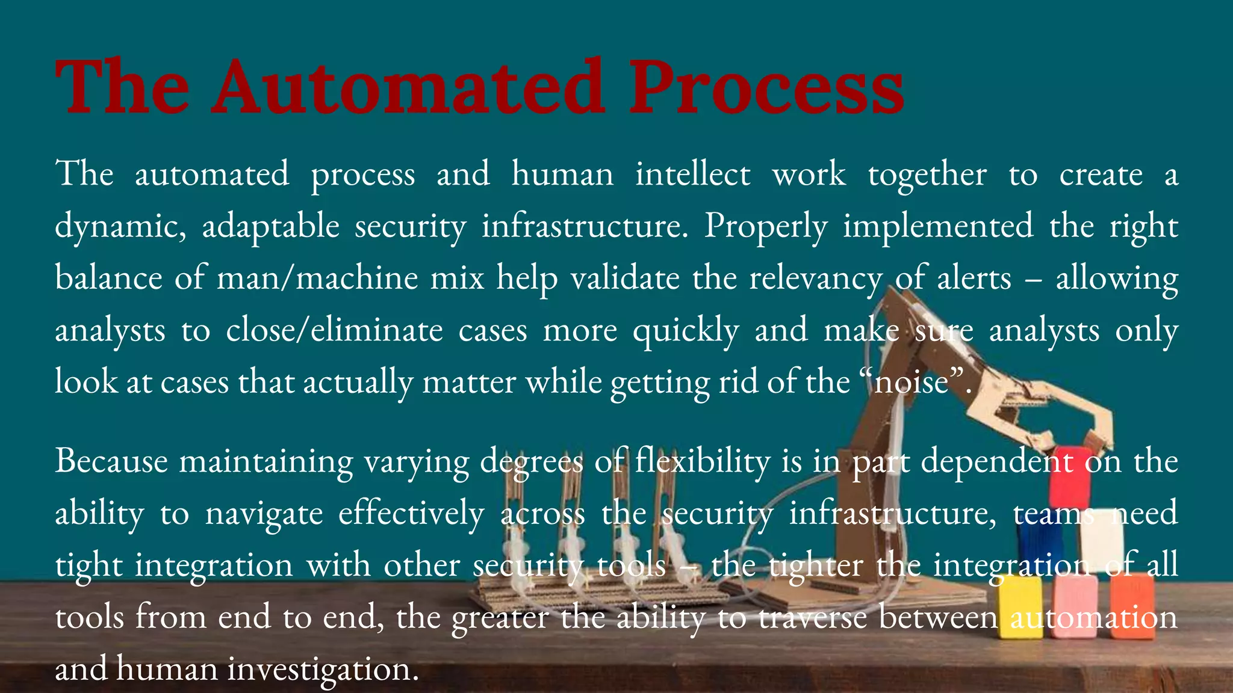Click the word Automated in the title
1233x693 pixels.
click(408, 87)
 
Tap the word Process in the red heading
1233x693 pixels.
click(766, 87)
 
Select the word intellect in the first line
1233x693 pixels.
click(693, 174)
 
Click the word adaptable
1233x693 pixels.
click(270, 227)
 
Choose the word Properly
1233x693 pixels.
click(766, 227)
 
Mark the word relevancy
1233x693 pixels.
click(815, 279)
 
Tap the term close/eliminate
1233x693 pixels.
click(334, 330)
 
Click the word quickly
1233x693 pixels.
click(686, 331)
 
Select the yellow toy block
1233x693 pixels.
click(1019, 608)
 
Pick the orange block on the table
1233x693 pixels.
click(1132, 605)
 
